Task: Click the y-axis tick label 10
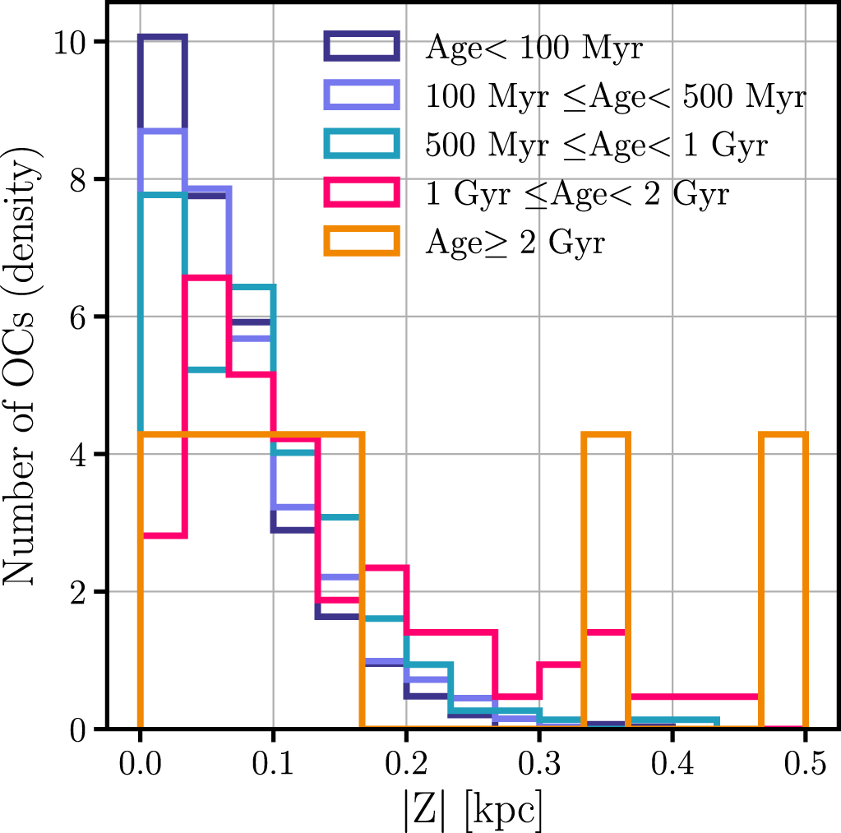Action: point(72,42)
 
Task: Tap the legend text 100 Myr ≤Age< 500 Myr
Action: point(616,97)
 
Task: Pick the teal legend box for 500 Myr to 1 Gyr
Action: point(362,146)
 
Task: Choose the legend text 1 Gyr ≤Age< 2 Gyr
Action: point(578,195)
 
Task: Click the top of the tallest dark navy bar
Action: point(163,38)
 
